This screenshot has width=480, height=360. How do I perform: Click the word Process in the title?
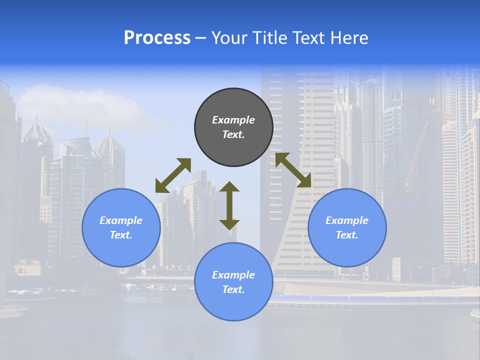157,38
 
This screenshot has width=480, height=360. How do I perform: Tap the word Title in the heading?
269,38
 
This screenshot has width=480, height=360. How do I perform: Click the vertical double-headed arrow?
229,205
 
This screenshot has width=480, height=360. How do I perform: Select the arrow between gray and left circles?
173,175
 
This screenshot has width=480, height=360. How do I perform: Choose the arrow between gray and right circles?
293,170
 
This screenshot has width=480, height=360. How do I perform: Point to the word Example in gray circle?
233,120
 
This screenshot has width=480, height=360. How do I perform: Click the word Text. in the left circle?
121,235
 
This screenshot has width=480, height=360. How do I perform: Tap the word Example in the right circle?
347,220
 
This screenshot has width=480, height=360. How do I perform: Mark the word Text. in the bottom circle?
233,289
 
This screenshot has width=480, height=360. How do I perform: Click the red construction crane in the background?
417,152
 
